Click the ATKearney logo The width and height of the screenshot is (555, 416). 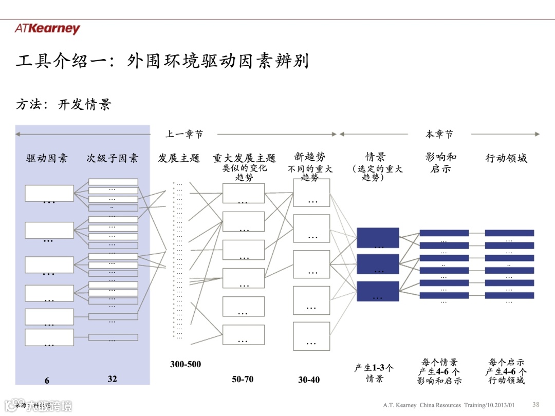coord(47,29)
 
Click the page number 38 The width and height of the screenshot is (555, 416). coord(536,404)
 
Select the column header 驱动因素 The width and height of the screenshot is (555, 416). coord(47,158)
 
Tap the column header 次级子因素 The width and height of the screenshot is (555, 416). coord(112,158)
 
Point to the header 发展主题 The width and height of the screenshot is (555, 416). coord(178,158)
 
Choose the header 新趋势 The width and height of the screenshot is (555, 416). coord(310,157)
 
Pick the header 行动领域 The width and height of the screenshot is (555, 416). coord(506,158)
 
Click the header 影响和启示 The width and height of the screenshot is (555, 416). coord(441,162)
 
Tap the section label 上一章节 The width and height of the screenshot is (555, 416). coord(184,134)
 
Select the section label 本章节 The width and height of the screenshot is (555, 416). coord(439,134)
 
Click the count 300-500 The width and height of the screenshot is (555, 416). coord(186,365)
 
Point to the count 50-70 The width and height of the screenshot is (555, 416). coord(243,380)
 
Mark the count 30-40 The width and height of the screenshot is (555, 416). coord(309,380)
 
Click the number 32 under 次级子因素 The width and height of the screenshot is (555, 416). coord(112,379)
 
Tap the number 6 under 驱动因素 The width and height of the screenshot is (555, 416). coord(47,381)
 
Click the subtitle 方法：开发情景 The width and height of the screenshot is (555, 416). coord(64,105)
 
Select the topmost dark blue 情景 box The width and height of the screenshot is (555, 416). coord(378,238)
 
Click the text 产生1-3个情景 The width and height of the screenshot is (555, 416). coord(375,373)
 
